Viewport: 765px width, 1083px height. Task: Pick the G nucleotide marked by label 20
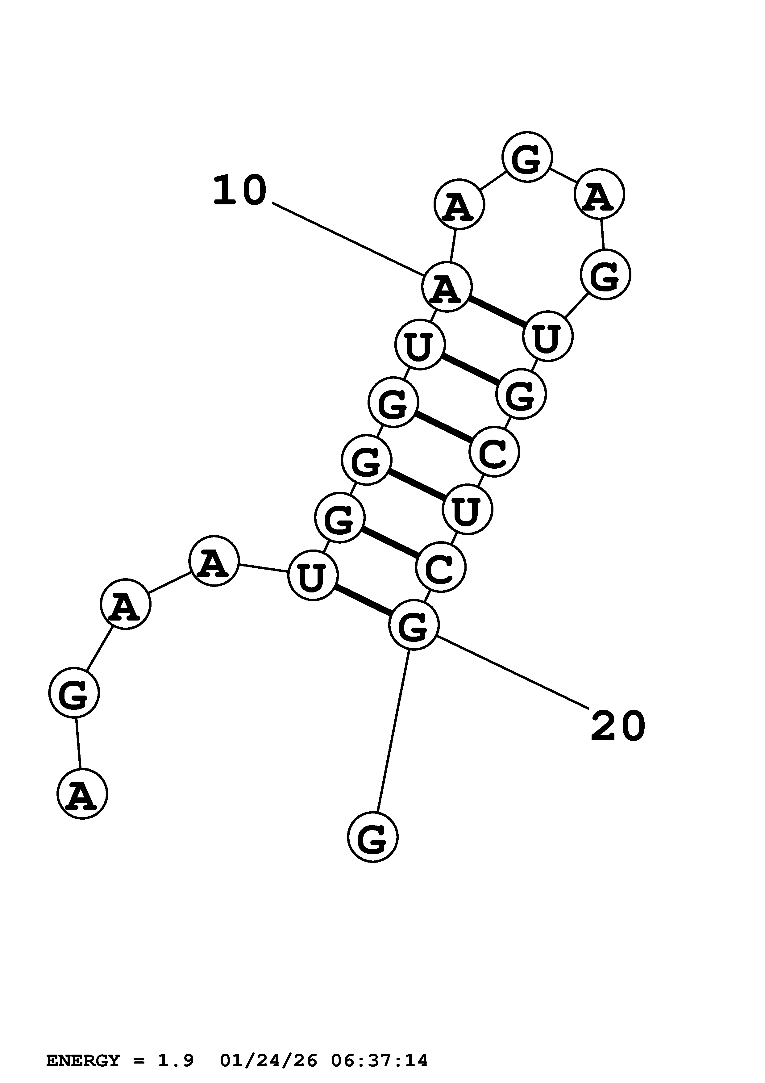coord(414,625)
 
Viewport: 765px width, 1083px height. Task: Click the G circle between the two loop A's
coord(527,157)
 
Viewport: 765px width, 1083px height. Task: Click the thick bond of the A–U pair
coord(497,311)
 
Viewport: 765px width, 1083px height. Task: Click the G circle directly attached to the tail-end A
coord(74,692)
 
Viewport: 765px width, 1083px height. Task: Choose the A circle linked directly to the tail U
coord(214,561)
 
